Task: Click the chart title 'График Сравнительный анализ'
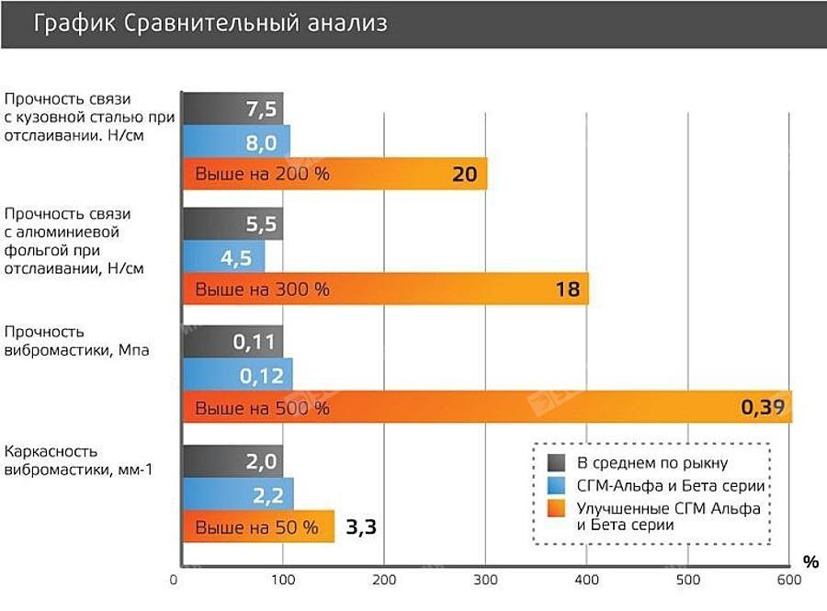pyautogui.click(x=210, y=23)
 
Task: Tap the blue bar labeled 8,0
pyautogui.click(x=236, y=142)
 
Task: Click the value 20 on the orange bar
pyautogui.click(x=465, y=175)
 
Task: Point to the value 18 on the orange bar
pyautogui.click(x=567, y=290)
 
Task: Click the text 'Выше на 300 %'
pyautogui.click(x=261, y=290)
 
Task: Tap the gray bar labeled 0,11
pyautogui.click(x=232, y=342)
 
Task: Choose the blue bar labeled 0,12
pyautogui.click(x=237, y=375)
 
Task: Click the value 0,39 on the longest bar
pyautogui.click(x=764, y=407)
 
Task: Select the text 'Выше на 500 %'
pyautogui.click(x=261, y=408)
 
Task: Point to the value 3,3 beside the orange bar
pyautogui.click(x=362, y=527)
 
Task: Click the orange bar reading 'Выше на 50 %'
pyautogui.click(x=257, y=527)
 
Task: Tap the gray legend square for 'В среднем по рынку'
pyautogui.click(x=556, y=461)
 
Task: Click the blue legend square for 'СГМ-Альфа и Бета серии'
pyautogui.click(x=556, y=485)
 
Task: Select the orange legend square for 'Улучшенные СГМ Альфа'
pyautogui.click(x=556, y=508)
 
